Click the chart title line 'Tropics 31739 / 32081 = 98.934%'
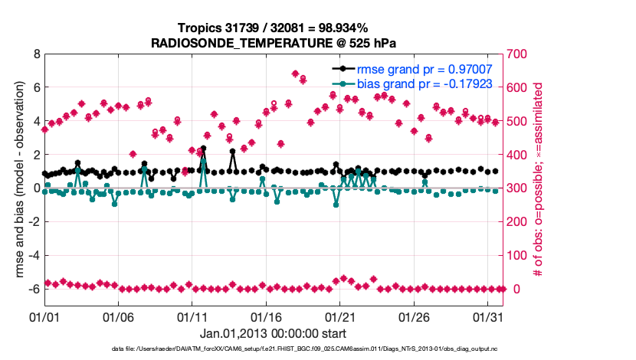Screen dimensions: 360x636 (x=274, y=28)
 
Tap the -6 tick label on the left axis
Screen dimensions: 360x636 (x=33, y=289)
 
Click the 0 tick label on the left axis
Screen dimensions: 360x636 (x=36, y=188)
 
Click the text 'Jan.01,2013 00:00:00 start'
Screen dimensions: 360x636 (x=274, y=333)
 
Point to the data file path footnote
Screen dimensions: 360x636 (x=274, y=349)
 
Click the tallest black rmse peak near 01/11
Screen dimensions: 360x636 (x=203, y=149)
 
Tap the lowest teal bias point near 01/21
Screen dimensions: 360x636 (x=336, y=205)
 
